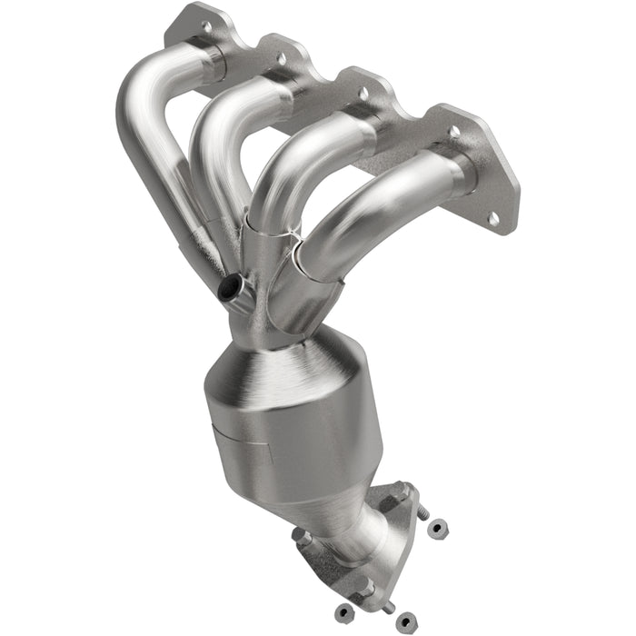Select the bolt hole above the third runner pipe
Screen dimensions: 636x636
(x=363, y=93)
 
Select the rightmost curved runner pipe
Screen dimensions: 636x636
(x=382, y=209)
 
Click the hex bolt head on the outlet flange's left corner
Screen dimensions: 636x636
(x=303, y=538)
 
